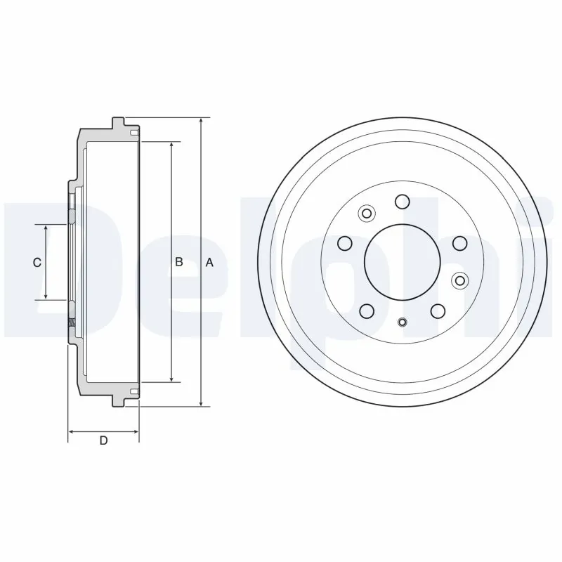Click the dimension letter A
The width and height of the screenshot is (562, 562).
coord(209,262)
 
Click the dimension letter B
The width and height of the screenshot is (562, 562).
coord(179,262)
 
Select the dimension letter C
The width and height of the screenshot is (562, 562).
coord(38,262)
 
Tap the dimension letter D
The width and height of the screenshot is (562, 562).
coord(103,441)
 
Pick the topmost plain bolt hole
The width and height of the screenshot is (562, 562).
coord(402,202)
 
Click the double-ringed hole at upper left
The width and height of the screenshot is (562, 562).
coord(367,213)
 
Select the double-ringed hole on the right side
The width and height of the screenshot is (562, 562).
coord(459,280)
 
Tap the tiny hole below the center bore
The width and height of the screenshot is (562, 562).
coord(402,322)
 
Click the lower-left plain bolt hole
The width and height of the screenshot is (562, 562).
coord(366,311)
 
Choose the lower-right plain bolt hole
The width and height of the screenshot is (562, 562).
coord(438,311)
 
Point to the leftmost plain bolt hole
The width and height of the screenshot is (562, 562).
coord(344,243)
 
